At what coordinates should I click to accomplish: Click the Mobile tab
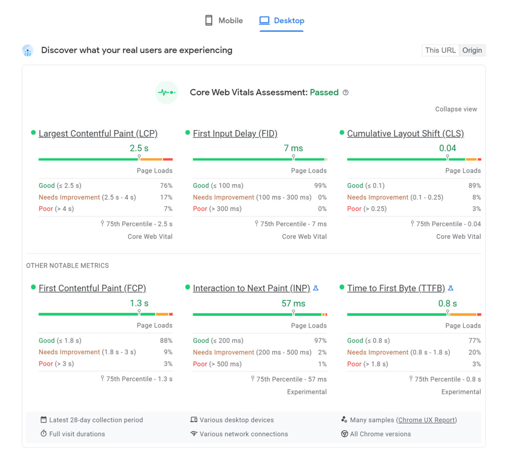click(224, 21)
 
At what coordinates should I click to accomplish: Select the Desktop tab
click(282, 21)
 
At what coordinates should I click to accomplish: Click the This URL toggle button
click(440, 50)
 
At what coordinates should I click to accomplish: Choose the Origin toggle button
click(472, 50)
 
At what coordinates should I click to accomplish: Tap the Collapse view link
click(456, 109)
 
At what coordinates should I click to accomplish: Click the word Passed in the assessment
click(324, 92)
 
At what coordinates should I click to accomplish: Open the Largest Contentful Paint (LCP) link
click(98, 134)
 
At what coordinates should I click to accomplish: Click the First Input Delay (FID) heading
click(235, 134)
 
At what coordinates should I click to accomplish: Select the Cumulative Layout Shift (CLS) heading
click(405, 134)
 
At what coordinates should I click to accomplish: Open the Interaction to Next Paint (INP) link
click(251, 288)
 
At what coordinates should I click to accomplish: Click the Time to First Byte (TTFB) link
click(396, 288)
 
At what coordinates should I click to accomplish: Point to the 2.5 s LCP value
click(139, 148)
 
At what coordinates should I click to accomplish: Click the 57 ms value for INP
click(293, 303)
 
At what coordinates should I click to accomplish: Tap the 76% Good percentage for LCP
click(166, 186)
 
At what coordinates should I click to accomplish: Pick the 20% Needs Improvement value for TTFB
click(474, 352)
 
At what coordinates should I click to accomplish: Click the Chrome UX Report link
click(426, 420)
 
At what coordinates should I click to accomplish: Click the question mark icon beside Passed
click(346, 93)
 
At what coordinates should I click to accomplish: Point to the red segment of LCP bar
click(168, 159)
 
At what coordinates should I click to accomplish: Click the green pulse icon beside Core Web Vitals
click(167, 92)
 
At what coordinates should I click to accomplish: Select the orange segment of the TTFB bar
click(463, 314)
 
